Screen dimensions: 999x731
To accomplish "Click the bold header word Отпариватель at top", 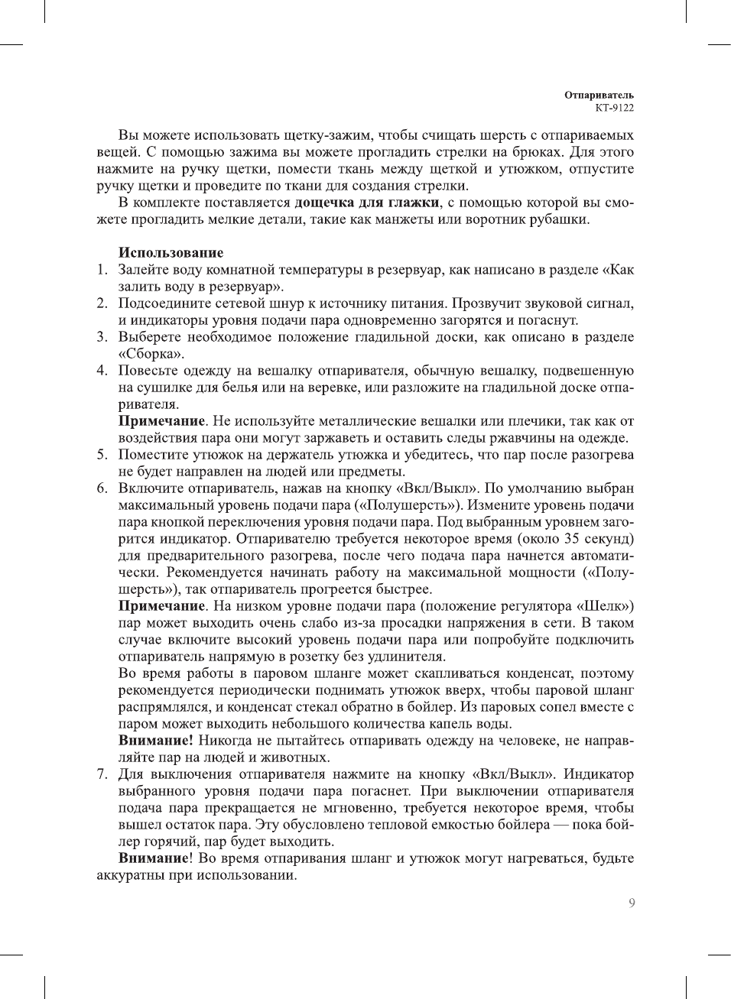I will coord(599,95).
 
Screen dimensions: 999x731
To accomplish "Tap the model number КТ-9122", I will coord(614,108).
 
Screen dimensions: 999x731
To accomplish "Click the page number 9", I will coord(631,903).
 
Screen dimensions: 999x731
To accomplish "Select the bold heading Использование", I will coord(171,253).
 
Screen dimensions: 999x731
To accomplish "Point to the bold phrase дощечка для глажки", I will coord(367,203).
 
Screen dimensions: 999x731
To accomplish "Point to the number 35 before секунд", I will coord(573,539).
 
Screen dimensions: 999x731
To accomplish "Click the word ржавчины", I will coord(540,438).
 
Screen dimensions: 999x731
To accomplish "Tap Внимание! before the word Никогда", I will coord(155,741).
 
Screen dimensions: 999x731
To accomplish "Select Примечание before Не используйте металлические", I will coord(161,421).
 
